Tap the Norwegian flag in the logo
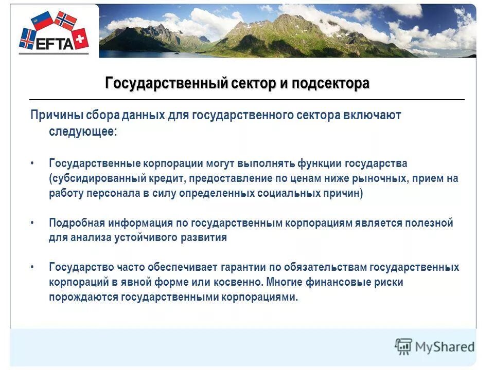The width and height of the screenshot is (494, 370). pos(65,21)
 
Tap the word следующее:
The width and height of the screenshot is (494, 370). pos(83,132)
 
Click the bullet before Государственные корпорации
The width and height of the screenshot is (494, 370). pos(32,163)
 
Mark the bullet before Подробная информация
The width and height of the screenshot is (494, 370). pos(32,223)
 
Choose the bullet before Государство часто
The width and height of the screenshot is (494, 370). pos(32,267)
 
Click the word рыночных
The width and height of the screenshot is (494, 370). pos(378,178)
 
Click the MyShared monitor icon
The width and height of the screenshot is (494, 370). pos(403,347)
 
